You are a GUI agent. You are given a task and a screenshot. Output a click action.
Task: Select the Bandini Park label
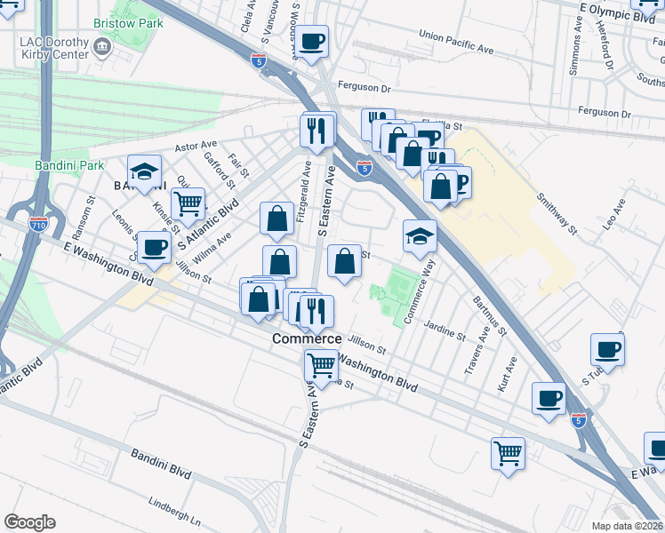pos(69,165)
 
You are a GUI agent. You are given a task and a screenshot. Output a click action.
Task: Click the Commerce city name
pos(306,339)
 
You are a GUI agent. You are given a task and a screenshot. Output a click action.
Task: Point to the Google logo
pos(29,521)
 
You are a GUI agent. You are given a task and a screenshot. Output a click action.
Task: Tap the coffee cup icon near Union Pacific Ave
pos(312,42)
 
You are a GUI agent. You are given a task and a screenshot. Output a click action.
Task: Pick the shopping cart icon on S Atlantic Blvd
pos(188,204)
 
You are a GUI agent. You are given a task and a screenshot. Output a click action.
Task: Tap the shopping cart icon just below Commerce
pos(320,363)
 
